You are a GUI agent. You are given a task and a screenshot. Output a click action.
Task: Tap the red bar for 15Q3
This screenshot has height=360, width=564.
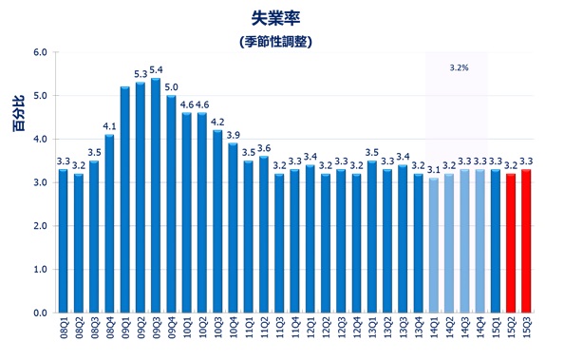pos(526,241)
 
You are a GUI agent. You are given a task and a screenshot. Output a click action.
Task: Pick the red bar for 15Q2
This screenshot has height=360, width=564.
pos(510,243)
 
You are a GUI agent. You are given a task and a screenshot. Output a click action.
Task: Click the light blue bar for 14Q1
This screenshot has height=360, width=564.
pos(434,245)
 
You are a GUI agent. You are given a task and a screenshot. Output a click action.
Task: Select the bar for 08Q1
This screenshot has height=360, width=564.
pos(64,241)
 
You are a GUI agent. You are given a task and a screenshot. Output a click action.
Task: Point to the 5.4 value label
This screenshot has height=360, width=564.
pos(157,70)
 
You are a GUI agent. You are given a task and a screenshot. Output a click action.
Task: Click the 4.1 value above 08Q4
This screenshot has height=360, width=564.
pos(109,126)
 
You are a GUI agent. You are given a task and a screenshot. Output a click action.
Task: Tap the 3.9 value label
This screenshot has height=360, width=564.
pos(234,135)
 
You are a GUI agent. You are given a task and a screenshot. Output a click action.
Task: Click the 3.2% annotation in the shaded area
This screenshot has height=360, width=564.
pos(459,68)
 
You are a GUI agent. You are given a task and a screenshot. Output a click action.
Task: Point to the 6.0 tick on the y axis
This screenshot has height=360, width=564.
pos(39,52)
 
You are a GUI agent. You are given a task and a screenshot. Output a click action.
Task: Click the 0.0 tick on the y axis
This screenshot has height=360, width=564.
pos(39,313)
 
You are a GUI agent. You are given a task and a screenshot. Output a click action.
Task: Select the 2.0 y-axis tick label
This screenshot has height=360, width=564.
pos(39,226)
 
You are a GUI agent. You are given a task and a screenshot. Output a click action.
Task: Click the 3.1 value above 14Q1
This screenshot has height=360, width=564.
pos(434,170)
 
